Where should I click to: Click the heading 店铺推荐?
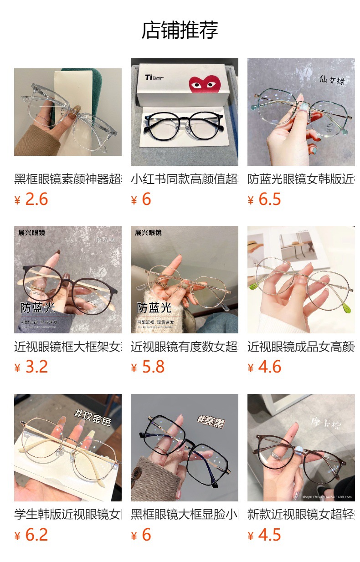click(x=180, y=30)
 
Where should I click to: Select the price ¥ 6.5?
click(x=264, y=199)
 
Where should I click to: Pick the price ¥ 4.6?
click(x=264, y=367)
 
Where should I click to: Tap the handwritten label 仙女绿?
click(x=331, y=81)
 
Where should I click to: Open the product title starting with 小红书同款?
click(x=184, y=179)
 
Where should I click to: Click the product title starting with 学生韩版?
click(x=67, y=515)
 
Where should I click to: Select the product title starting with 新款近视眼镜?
click(x=301, y=515)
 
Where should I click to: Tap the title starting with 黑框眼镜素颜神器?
click(x=67, y=179)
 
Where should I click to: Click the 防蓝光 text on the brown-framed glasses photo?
click(x=37, y=308)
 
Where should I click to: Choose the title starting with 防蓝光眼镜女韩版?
click(x=301, y=179)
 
